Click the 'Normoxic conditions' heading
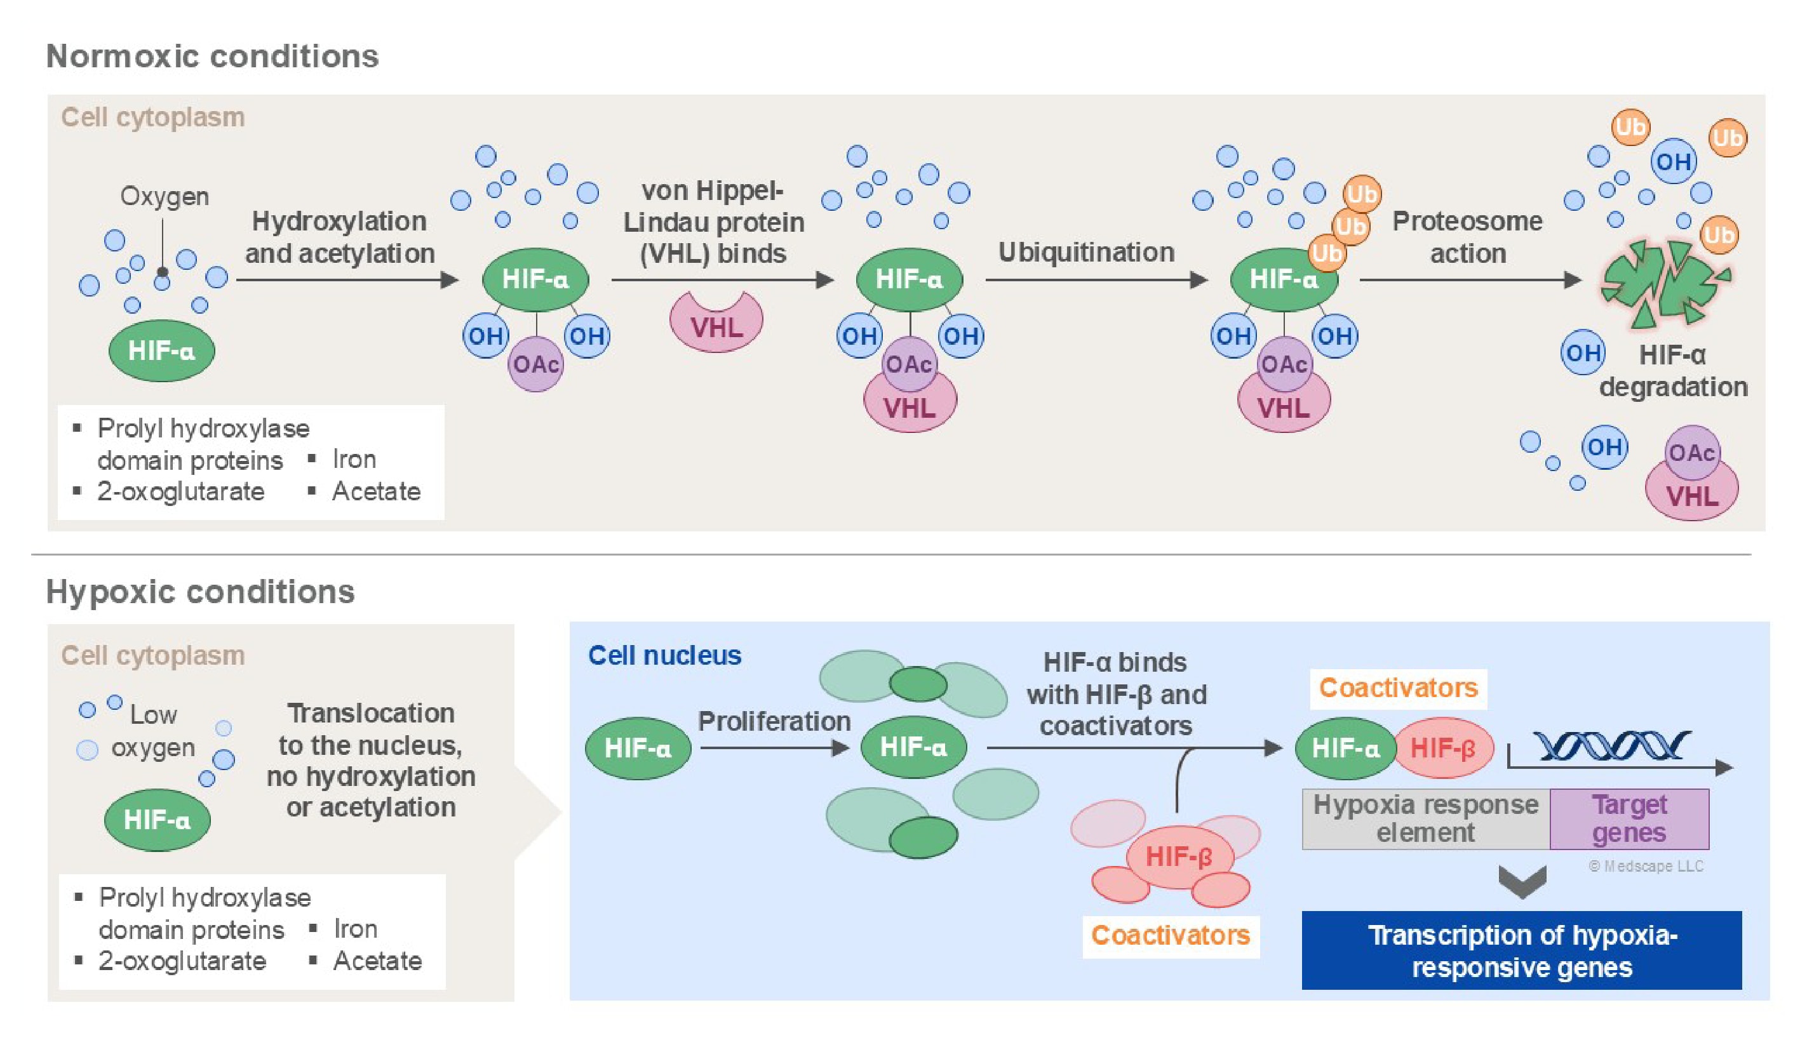tap(212, 57)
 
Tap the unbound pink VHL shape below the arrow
tap(716, 323)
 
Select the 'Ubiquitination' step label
tap(1085, 252)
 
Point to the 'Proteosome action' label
tap(1467, 237)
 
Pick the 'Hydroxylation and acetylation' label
tap(339, 237)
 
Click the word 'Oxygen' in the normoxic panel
tap(165, 196)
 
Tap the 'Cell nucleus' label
tap(664, 656)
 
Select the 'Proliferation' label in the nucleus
tap(774, 721)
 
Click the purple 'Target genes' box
tap(1629, 818)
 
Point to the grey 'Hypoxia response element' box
tap(1425, 818)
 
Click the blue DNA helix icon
tap(1611, 747)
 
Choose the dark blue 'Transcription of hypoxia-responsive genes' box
tap(1521, 950)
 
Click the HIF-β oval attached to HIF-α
tap(1443, 748)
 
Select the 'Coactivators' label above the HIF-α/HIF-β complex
tap(1398, 688)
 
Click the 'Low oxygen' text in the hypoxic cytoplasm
tap(152, 731)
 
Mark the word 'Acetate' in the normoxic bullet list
tap(376, 491)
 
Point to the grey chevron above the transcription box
tap(1522, 881)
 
